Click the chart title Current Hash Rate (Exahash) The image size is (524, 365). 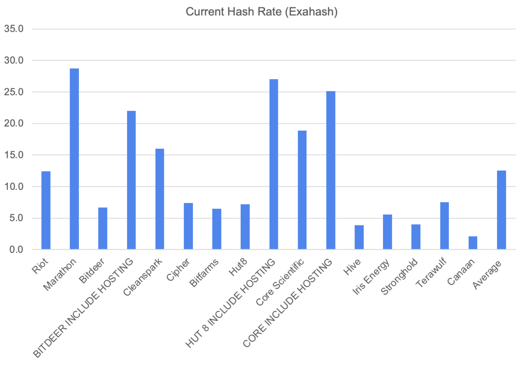tap(262, 12)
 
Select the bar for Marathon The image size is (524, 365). tap(74, 159)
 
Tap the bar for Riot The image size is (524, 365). tap(46, 210)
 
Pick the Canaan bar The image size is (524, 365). tap(473, 243)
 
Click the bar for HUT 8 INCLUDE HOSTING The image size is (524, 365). tap(274, 164)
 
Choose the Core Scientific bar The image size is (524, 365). tap(302, 190)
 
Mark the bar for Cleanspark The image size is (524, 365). tap(160, 199)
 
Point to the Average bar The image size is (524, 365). tap(501, 210)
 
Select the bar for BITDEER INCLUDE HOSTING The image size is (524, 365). tap(131, 180)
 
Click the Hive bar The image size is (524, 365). tap(359, 237)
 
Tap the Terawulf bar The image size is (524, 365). tap(445, 226)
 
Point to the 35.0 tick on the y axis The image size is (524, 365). tap(14, 29)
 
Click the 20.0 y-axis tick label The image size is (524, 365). tap(14, 123)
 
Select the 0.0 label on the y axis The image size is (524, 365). tap(17, 249)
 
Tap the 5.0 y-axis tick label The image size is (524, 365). tap(17, 218)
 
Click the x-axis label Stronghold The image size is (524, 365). tap(399, 276)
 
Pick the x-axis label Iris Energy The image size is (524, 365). tap(371, 277)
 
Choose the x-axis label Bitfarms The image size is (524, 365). tap(204, 273)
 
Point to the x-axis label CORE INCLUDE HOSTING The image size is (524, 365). tap(287, 303)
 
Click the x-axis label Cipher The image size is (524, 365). tap(178, 269)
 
